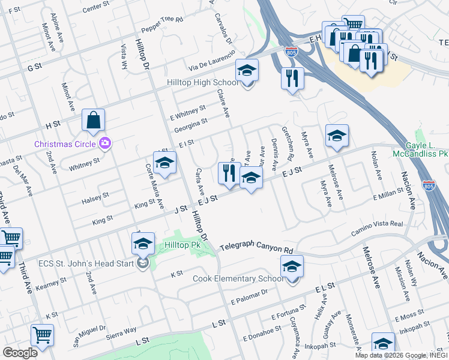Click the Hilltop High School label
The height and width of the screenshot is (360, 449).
pos(202,83)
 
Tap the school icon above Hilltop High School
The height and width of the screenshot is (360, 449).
pos(247,71)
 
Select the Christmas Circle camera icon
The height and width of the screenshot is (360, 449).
pos(106,143)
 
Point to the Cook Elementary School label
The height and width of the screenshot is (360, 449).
pos(238,279)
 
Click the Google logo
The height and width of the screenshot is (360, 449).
pos(20,353)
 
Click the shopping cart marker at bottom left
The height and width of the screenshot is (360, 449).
pos(42,335)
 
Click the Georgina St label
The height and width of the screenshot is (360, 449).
pos(191,122)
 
